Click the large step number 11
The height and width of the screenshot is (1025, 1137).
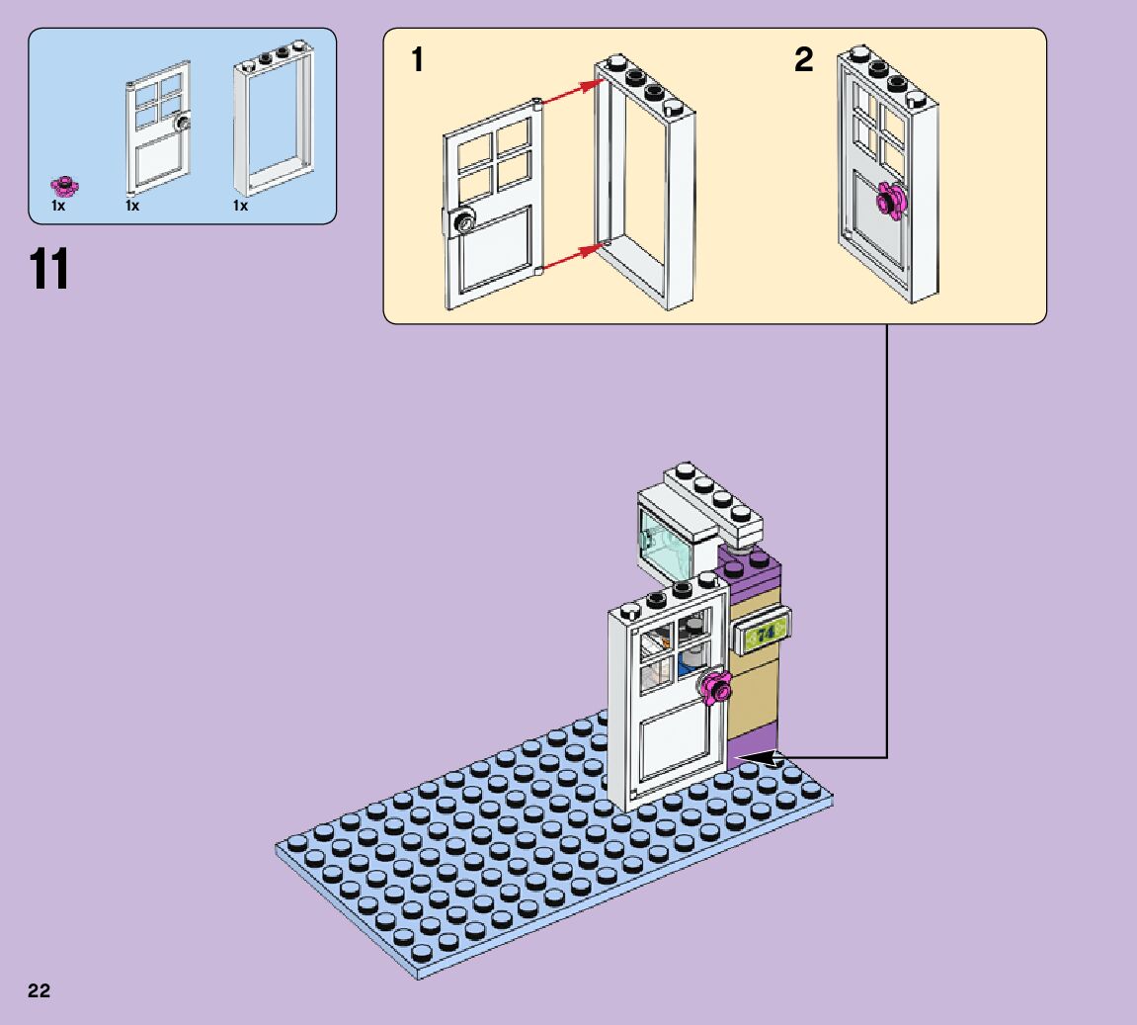(x=50, y=269)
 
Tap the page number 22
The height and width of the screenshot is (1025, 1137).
(x=40, y=991)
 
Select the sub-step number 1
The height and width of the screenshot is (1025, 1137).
(x=418, y=60)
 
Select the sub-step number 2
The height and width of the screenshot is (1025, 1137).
(x=804, y=60)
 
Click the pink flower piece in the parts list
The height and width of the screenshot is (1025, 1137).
(x=66, y=184)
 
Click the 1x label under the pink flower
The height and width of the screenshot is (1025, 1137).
(x=58, y=207)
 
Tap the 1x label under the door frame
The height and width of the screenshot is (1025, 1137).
(x=240, y=207)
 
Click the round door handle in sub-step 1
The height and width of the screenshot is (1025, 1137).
(x=462, y=222)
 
